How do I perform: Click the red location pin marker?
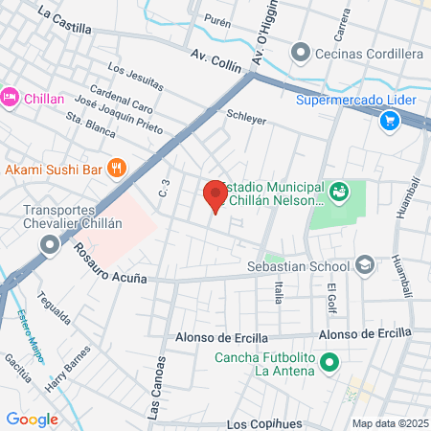coord(215,195)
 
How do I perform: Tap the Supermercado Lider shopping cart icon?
coord(389,120)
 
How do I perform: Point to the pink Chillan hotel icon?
coord(11,97)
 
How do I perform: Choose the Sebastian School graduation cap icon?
coord(365,264)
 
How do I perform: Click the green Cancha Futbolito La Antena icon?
coord(329,362)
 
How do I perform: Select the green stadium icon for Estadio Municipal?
coord(338,193)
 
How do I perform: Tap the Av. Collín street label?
coord(215,58)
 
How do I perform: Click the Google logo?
coord(32,419)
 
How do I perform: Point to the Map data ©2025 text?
coord(388,423)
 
